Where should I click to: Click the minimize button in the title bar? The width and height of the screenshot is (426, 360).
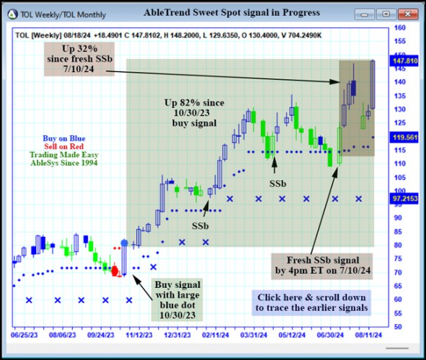367,14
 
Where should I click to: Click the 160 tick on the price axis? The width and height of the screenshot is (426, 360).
399,28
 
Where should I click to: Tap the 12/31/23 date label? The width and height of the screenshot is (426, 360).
177,334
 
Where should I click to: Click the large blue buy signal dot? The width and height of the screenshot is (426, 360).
124,244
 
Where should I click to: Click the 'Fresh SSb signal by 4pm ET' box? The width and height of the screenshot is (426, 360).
320,265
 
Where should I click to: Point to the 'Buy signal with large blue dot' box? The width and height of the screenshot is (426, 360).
178,299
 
